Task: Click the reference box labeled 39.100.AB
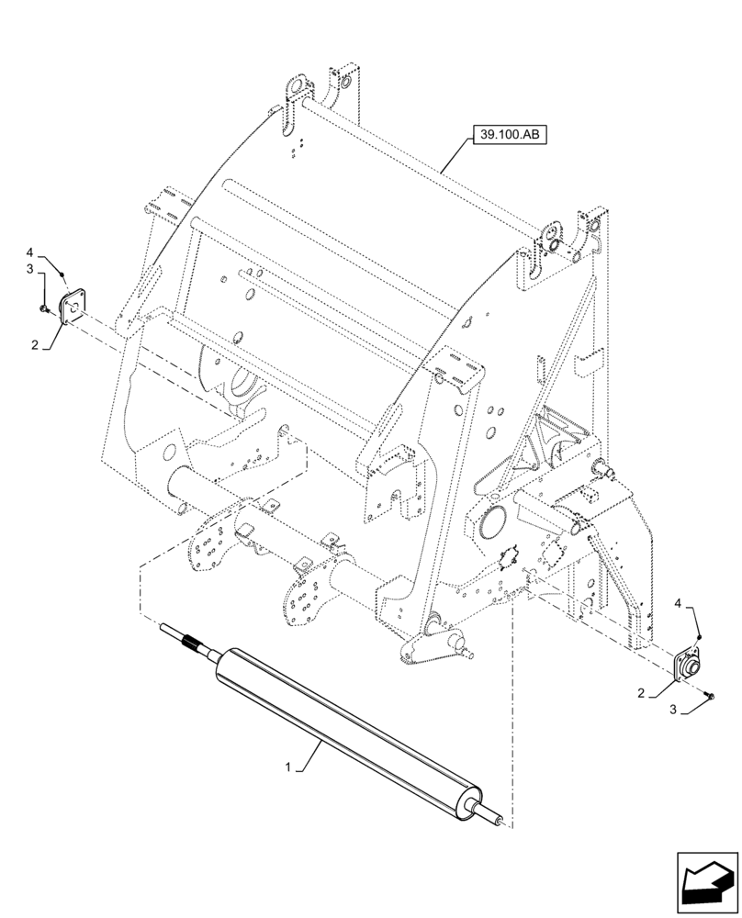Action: click(x=509, y=136)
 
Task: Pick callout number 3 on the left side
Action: click(x=29, y=268)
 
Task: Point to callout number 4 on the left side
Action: click(x=29, y=251)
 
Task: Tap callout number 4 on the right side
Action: click(x=679, y=602)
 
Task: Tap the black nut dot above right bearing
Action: click(x=700, y=637)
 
